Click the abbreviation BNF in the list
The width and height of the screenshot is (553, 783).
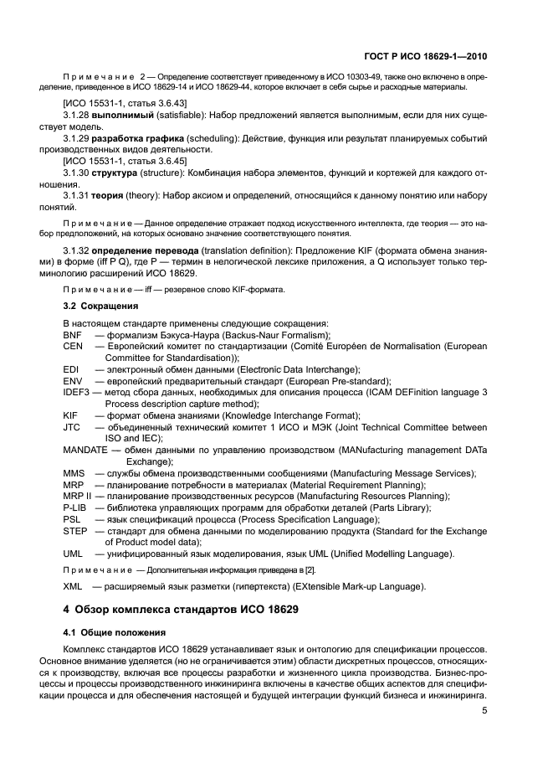tap(73, 334)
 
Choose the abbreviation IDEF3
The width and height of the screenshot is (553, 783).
tap(77, 392)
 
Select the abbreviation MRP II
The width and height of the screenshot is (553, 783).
tap(78, 496)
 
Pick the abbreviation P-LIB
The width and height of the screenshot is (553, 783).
tap(75, 507)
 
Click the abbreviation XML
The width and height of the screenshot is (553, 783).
tap(74, 585)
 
